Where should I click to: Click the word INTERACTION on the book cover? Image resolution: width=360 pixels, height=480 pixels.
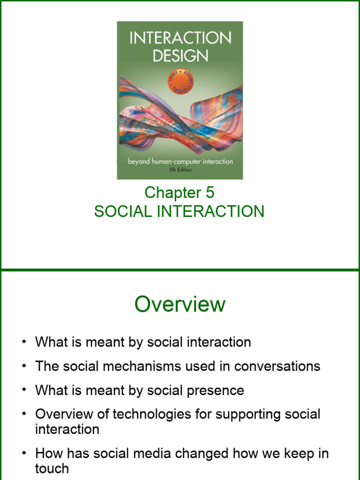tap(180, 38)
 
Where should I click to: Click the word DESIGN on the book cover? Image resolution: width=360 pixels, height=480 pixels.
tap(180, 56)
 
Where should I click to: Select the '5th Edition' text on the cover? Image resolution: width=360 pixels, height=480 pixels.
tap(180, 170)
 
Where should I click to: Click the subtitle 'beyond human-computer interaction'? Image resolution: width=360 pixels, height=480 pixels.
tap(180, 162)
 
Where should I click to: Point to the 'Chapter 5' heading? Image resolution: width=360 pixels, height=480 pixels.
tap(180, 192)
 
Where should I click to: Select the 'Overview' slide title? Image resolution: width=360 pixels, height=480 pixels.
tap(180, 305)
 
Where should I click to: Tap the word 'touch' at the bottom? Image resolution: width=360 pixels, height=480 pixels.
tap(52, 468)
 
